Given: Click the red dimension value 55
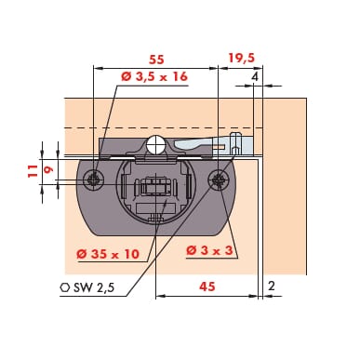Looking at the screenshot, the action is pos(156,60).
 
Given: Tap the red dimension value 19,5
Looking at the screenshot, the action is pos(242,58).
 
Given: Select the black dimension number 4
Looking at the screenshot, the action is pos(255,76).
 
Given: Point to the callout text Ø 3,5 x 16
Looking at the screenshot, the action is pos(154,76).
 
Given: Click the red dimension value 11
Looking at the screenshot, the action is pos(33,171).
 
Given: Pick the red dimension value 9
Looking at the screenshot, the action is pos(49,169).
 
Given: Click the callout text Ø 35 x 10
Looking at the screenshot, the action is pos(108,254).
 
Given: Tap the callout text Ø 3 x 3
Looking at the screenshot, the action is pos(209,250).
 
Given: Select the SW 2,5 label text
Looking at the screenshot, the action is pos(94,287).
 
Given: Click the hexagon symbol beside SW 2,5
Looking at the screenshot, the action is pos(65,287).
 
